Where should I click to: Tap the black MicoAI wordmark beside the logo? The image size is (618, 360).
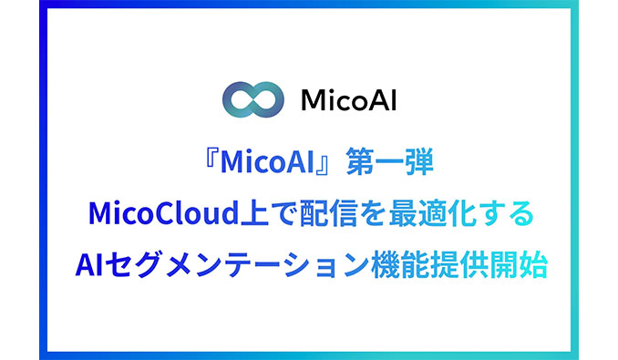pyautogui.click(x=339, y=99)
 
